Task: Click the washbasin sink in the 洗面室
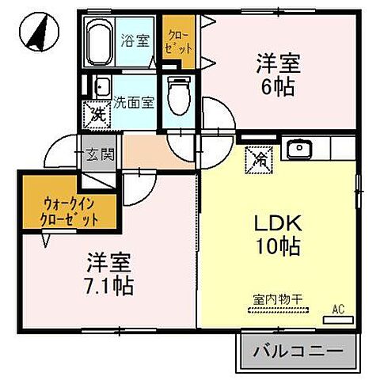(x=101, y=85)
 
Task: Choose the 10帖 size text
(x=274, y=247)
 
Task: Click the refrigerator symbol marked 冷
(x=260, y=158)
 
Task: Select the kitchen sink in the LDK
(x=299, y=148)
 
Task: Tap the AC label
(x=339, y=309)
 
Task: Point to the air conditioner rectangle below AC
(x=339, y=321)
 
